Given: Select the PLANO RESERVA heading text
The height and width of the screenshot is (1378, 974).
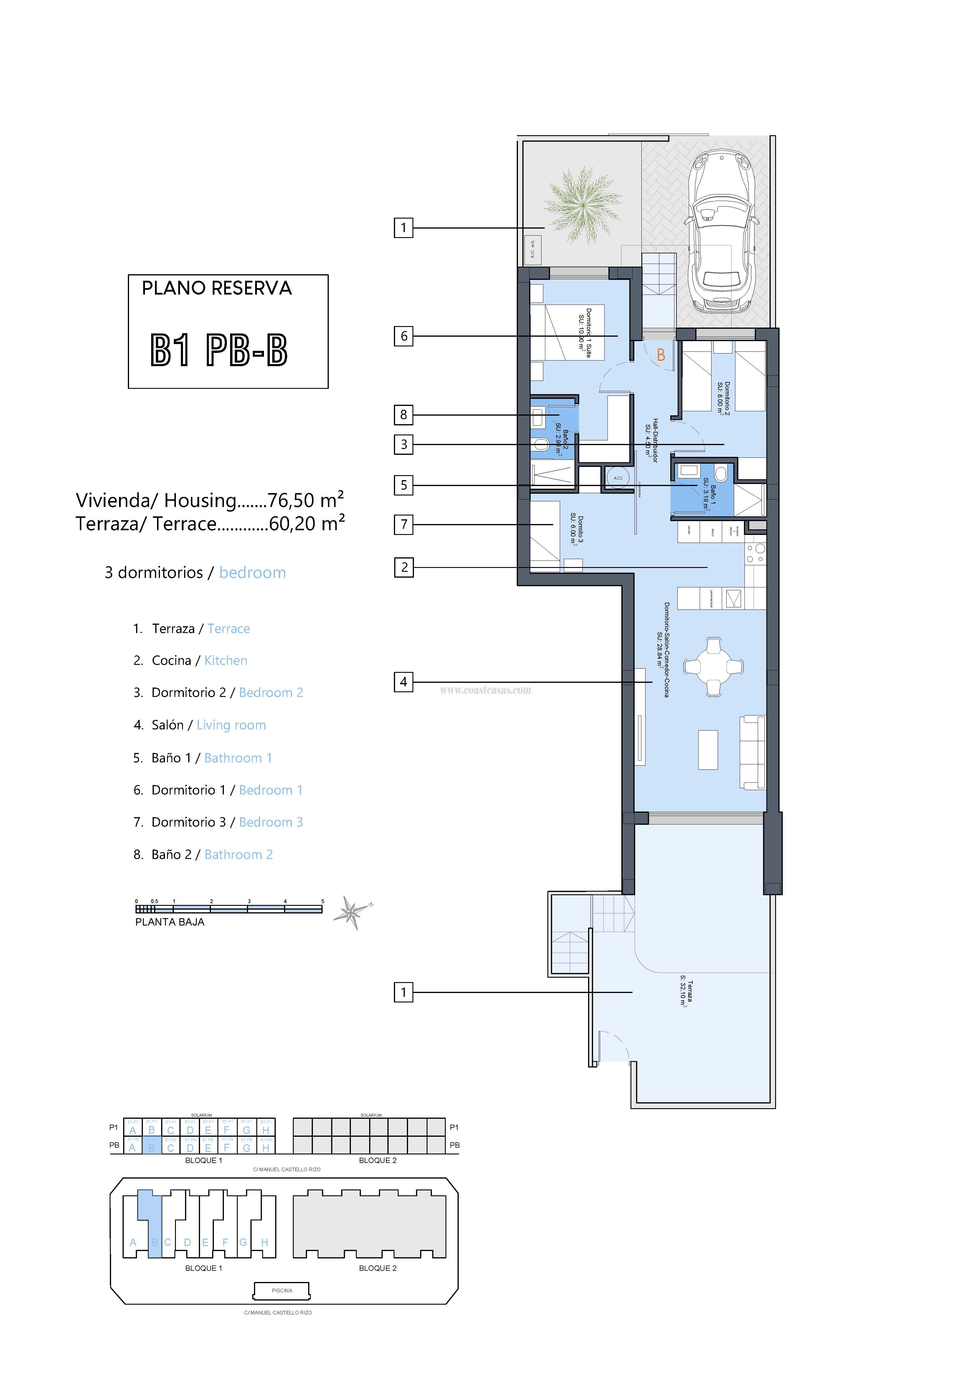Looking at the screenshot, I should click(x=217, y=289).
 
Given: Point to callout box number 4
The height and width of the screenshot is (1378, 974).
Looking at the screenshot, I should click(x=403, y=682).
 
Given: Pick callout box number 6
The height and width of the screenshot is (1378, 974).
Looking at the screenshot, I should click(x=403, y=336).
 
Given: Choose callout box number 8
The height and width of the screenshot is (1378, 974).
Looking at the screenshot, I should click(x=403, y=414).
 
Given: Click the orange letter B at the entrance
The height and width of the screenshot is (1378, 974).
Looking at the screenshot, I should click(x=661, y=355).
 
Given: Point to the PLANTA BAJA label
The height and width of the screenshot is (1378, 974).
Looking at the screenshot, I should click(x=170, y=922).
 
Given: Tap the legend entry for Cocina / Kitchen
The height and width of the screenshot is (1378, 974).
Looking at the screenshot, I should click(x=199, y=660).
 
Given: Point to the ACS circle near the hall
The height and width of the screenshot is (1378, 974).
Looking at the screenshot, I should click(x=618, y=478).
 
